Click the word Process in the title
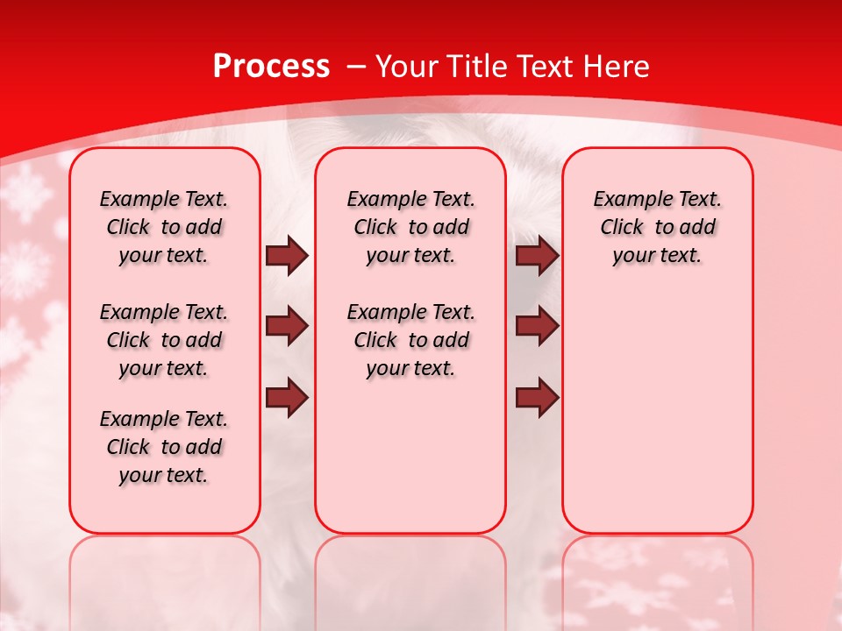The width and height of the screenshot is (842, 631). click(x=271, y=67)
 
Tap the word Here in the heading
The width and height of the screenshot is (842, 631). click(x=617, y=67)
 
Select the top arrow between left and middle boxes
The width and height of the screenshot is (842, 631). click(x=287, y=256)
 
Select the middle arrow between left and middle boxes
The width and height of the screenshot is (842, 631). click(x=287, y=327)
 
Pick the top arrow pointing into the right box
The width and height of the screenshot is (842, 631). click(x=537, y=256)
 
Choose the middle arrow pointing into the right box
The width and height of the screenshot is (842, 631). click(x=537, y=327)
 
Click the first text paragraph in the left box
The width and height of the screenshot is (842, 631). click(x=163, y=227)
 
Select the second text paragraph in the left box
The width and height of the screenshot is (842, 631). click(x=163, y=340)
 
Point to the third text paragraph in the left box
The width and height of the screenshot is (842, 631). click(x=163, y=447)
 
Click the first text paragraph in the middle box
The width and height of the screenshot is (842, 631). click(x=410, y=227)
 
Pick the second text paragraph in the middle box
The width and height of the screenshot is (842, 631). click(x=410, y=340)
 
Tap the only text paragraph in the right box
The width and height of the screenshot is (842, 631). click(x=657, y=227)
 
